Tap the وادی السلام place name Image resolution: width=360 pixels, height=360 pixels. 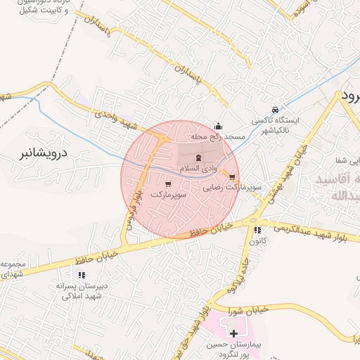coord(197,169)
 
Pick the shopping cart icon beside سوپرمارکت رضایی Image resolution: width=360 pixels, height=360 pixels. coord(232,176)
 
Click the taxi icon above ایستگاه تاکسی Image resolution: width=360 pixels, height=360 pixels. coord(275,110)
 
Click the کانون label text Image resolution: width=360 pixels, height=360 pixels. coord(257,241)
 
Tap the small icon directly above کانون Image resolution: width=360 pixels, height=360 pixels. coord(257,230)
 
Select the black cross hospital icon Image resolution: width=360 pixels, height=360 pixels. coord(233,332)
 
